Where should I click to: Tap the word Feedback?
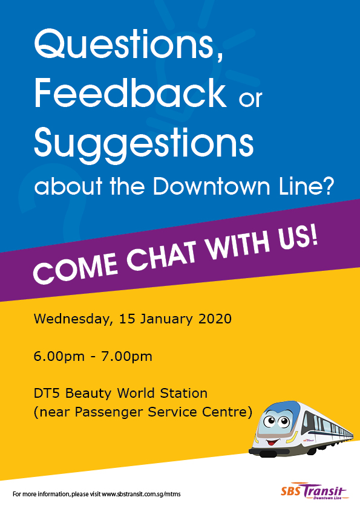pyautogui.click(x=130, y=93)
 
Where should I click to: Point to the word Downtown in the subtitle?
pyautogui.click(x=211, y=186)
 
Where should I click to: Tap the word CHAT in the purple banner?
pyautogui.click(x=162, y=258)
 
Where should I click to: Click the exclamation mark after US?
pyautogui.click(x=313, y=238)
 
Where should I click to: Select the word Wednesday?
pyautogui.click(x=73, y=319)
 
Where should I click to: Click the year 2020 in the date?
pyautogui.click(x=215, y=319)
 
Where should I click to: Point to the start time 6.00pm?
pyautogui.click(x=59, y=357)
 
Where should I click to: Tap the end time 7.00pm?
pyautogui.click(x=126, y=357)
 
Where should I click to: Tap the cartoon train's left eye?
pyautogui.click(x=269, y=422)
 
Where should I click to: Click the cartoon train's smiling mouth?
pyautogui.click(x=273, y=442)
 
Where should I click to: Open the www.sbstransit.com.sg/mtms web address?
pyautogui.click(x=142, y=494)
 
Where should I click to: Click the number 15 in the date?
pyautogui.click(x=126, y=319)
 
